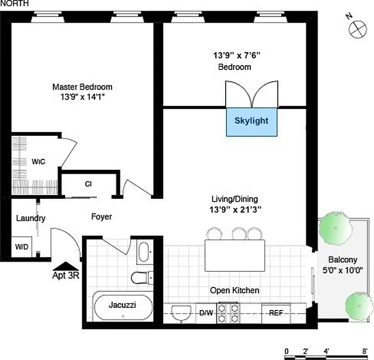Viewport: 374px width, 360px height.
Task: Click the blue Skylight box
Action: [251, 121]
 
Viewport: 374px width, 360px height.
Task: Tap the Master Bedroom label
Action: [82, 87]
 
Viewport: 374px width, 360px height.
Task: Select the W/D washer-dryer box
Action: [21, 247]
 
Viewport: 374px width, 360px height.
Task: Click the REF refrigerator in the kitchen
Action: [276, 312]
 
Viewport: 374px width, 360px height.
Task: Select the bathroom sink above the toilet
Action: [144, 252]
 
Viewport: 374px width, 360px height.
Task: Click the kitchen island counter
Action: [235, 255]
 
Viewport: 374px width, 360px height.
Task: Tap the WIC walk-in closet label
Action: [38, 161]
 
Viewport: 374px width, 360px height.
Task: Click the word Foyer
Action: [102, 217]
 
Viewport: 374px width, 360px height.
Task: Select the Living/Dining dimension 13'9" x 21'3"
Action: [235, 209]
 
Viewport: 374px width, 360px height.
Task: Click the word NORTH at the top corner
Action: [15, 4]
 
